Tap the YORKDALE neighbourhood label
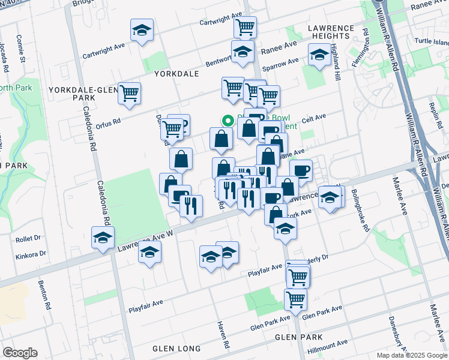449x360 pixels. (x=176, y=74)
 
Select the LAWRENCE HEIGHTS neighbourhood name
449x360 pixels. (x=332, y=32)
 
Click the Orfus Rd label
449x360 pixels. (x=109, y=119)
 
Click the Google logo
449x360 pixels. (x=20, y=353)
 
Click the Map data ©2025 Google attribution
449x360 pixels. (x=411, y=355)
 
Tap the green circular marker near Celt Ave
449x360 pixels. (x=228, y=119)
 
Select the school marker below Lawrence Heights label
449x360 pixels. (x=318, y=55)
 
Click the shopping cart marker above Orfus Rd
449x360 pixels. (x=129, y=93)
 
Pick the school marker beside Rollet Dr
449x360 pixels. (x=103, y=238)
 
